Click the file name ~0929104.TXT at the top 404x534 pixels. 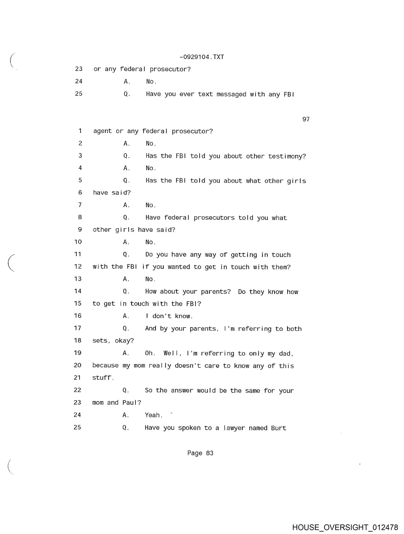tap(202, 57)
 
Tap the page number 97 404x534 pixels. tap(306, 119)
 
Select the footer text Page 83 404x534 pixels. tap(200, 453)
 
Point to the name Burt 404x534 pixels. tap(279, 428)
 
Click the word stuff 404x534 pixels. tap(103, 378)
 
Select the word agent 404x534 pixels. tap(102, 131)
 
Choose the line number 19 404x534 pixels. tap(78, 353)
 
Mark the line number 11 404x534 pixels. tap(78, 254)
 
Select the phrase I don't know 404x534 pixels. tap(169, 316)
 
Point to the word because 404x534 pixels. tap(105, 366)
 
